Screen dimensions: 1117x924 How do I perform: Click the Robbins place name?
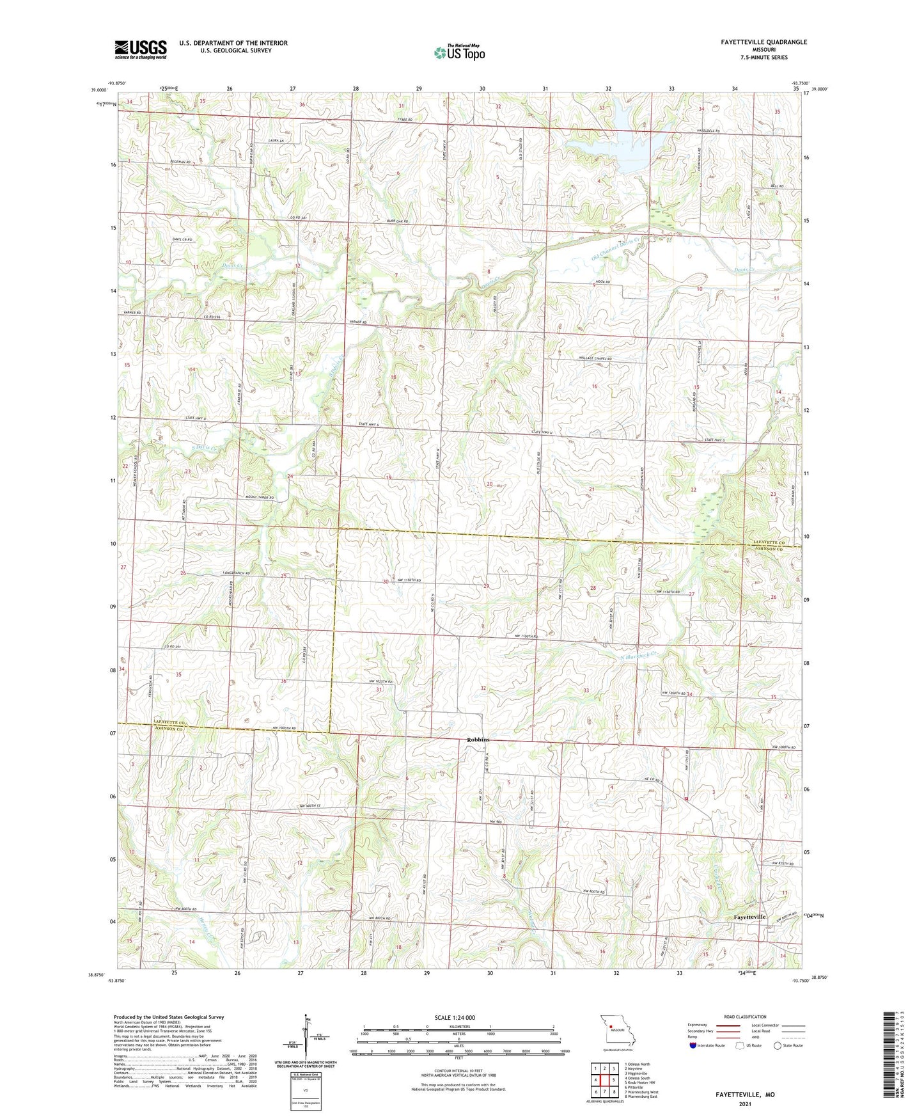(478, 740)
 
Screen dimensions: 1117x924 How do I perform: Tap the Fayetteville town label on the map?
(749, 917)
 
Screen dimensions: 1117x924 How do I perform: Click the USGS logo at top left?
(141, 49)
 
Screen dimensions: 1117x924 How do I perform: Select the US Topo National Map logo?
(458, 52)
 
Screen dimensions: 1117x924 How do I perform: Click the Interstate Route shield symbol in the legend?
(693, 1045)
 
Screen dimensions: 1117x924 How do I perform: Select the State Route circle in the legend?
(778, 1045)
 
